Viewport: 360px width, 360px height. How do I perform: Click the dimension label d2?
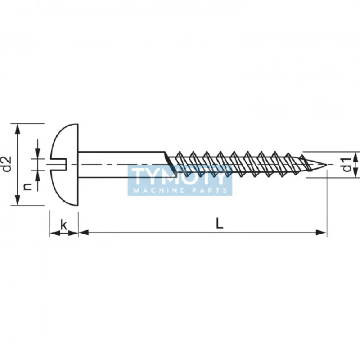[x=7, y=164]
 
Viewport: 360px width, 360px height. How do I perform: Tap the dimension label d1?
[x=346, y=165]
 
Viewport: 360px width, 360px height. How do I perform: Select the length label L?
[x=219, y=223]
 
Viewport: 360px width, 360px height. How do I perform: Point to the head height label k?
[x=64, y=225]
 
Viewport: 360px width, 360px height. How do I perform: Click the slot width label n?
[x=28, y=186]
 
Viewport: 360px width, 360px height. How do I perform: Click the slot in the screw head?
[x=59, y=164]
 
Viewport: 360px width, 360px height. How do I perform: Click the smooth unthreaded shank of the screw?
[x=121, y=157]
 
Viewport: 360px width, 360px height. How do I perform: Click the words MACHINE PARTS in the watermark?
[x=180, y=190]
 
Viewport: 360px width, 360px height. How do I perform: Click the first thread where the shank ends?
[x=169, y=160]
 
